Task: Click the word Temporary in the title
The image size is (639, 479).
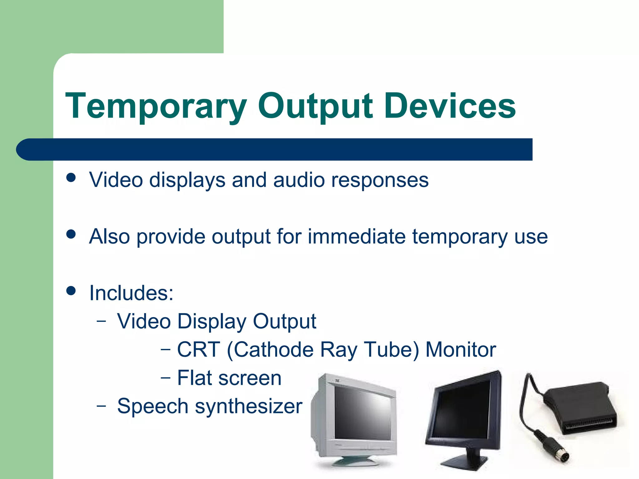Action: pyautogui.click(x=156, y=107)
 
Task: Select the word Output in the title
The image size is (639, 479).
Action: pyautogui.click(x=315, y=107)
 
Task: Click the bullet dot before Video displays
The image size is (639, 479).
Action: pyautogui.click(x=71, y=178)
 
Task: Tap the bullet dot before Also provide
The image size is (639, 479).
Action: pyautogui.click(x=71, y=234)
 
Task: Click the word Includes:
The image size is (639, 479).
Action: pyautogui.click(x=131, y=293)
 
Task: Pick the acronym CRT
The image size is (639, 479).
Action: pyautogui.click(x=198, y=350)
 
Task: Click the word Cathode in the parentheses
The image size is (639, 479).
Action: pyautogui.click(x=273, y=350)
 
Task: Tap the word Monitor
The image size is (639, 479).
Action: pyautogui.click(x=461, y=350)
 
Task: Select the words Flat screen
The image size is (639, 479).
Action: pyautogui.click(x=229, y=378)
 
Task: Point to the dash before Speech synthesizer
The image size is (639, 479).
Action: pyautogui.click(x=101, y=406)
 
